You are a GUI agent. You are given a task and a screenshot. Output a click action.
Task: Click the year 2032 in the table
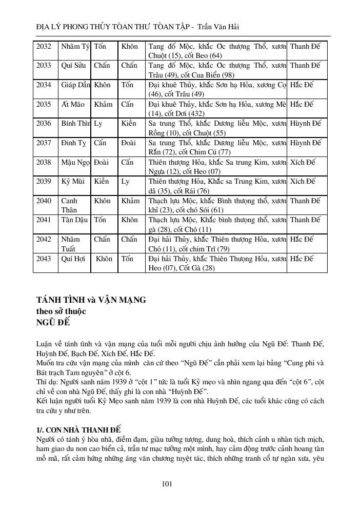pos(44,46)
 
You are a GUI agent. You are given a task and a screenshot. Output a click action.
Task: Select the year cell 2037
pos(44,143)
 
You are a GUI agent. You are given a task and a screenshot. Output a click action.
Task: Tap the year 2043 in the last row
pos(44,259)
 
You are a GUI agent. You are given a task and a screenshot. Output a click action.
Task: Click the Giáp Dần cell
pos(75,85)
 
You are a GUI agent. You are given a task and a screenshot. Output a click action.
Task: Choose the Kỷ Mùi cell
pos(73,182)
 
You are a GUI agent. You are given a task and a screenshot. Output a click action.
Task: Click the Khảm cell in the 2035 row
pos(103,104)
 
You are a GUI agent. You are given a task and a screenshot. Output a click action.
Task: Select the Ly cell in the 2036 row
pos(98,124)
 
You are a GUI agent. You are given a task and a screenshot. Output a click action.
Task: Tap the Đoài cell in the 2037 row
pos(128,143)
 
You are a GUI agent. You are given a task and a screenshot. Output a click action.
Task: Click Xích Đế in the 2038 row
pos(303,162)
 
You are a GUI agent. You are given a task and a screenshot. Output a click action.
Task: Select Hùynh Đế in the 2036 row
pos(305,124)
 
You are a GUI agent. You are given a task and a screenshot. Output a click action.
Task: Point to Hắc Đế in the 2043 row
pos(302,259)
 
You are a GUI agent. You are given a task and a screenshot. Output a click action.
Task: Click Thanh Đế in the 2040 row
pos(305,201)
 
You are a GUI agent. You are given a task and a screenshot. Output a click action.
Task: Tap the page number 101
pos(166,483)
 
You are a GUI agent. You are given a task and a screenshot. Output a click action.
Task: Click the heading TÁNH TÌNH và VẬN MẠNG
pos(91,300)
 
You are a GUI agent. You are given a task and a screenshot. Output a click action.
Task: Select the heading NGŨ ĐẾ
pos(53,322)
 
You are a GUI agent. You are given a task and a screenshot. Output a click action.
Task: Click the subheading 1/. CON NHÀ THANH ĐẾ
pos(78,429)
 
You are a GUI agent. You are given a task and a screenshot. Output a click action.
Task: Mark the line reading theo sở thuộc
pos(61,311)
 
